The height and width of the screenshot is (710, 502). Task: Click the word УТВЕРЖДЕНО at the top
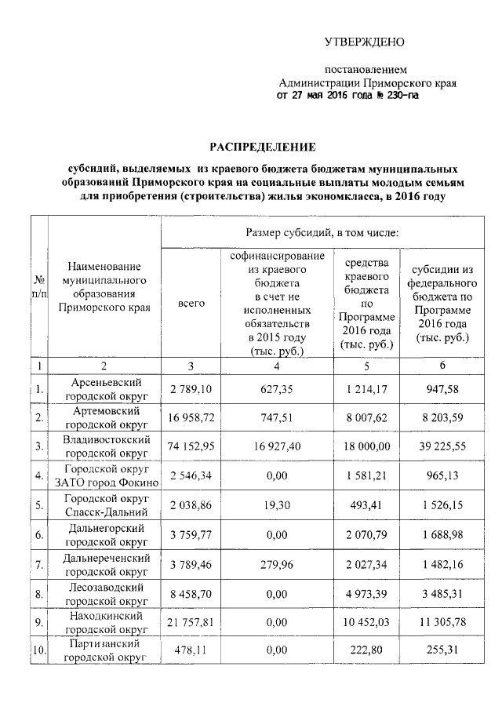366,42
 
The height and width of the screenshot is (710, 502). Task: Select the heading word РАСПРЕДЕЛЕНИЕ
262,146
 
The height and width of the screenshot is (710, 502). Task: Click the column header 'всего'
191,303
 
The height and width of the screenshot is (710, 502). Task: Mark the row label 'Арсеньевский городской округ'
106,388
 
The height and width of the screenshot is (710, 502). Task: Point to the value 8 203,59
443,417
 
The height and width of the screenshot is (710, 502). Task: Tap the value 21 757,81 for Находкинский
192,623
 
